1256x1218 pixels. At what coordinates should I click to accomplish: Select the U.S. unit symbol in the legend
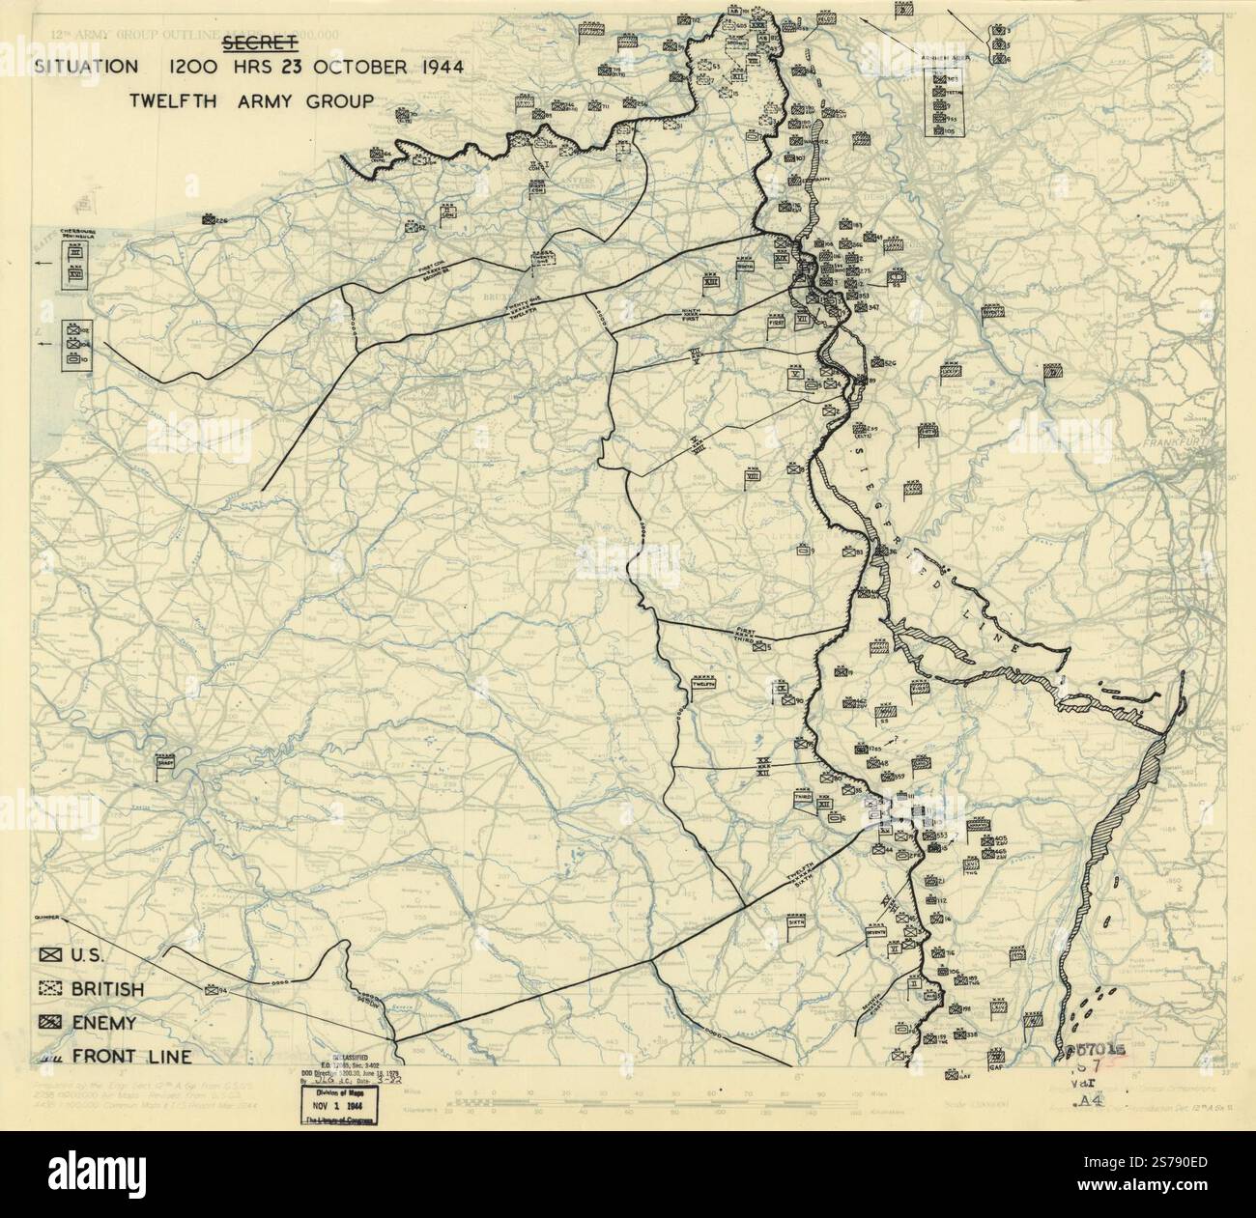click(x=50, y=955)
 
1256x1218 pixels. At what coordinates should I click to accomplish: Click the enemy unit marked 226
click(x=210, y=220)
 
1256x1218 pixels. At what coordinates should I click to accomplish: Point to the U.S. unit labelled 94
click(x=212, y=991)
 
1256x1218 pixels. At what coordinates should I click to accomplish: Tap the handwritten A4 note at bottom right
click(x=1090, y=1098)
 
